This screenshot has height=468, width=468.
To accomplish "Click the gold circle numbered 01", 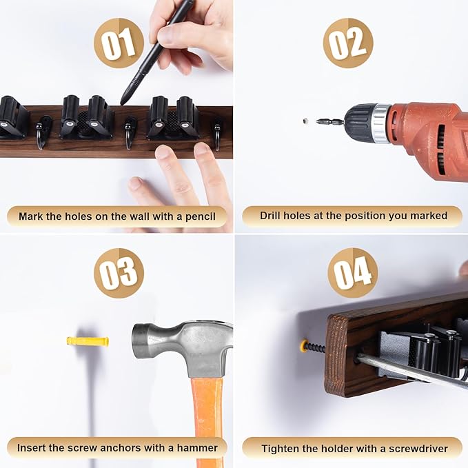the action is pos(119,43).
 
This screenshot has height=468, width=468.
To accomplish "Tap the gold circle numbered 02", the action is pos(348,43).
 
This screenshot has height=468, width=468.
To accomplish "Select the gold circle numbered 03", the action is pos(119,273).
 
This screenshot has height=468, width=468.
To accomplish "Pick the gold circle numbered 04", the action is pos(353,273).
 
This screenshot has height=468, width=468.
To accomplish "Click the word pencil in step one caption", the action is pos(201,216).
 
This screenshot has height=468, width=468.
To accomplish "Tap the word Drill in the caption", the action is pos(270,216).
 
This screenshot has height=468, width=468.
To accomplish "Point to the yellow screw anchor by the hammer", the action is pos(88,341).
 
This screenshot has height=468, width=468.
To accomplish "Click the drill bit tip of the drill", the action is pos(317,121).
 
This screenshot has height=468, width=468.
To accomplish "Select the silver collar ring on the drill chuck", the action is pos(381,123).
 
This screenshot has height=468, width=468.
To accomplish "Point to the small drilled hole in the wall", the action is pos(305,121).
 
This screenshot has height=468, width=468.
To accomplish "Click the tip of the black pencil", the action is pos(122,103).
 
